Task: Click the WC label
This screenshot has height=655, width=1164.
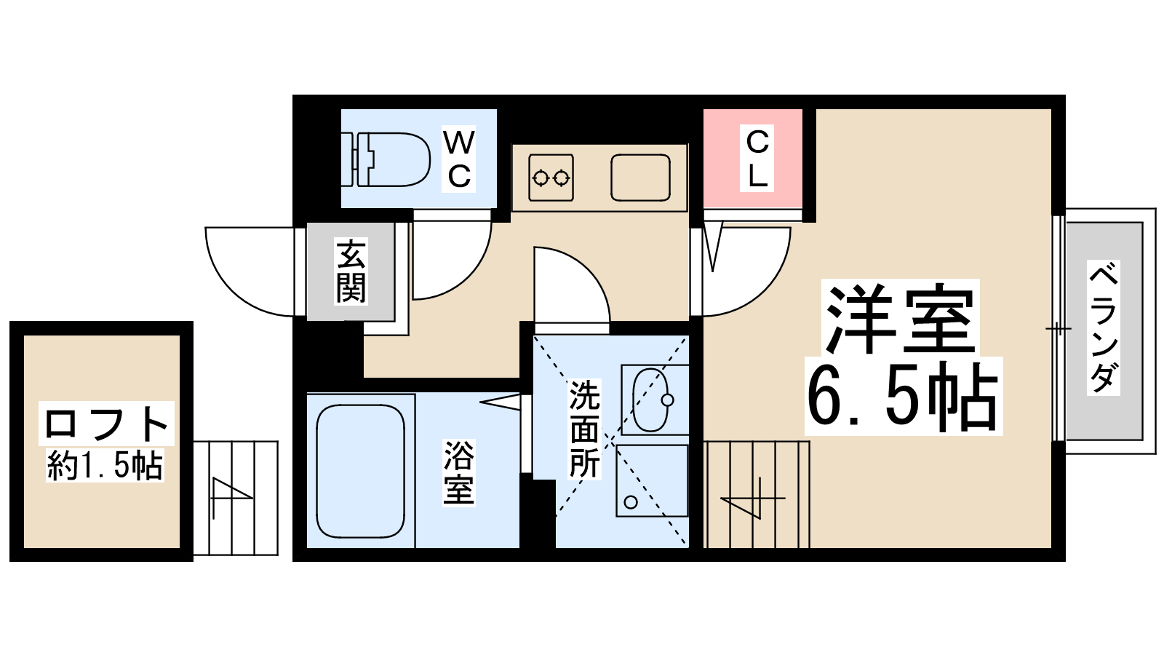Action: pos(459,159)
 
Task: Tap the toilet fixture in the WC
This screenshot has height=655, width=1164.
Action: pos(386,159)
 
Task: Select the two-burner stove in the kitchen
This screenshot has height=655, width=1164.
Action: pos(551,178)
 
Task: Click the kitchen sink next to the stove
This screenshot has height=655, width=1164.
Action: pos(640,178)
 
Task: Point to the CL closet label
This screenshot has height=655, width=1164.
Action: pos(757,159)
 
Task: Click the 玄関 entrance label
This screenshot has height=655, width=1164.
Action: pos(351,271)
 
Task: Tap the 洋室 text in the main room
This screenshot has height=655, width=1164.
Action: pos(900,318)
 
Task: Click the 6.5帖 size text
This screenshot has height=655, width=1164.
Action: pos(903,397)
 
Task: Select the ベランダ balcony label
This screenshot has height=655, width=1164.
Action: pos(1103,327)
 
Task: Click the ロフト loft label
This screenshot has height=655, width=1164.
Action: pos(106,424)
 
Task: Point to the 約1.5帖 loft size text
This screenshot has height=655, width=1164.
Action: pos(105,465)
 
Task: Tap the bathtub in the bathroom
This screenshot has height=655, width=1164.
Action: pos(360,471)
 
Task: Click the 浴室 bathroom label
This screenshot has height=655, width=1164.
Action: pos(458,472)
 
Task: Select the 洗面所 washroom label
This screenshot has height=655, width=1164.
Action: pos(585,429)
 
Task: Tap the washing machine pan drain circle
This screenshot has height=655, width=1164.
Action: pos(631,502)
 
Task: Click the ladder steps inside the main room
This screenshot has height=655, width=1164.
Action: pos(757,494)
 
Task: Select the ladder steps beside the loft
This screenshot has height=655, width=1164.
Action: pos(236,498)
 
